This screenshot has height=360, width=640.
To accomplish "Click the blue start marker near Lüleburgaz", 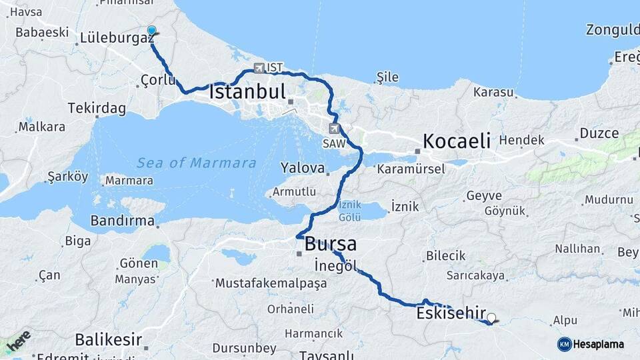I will pyautogui.click(x=151, y=31).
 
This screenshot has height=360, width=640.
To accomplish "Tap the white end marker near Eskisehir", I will pyautogui.click(x=492, y=318).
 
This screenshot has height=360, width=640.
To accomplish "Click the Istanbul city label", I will pyautogui.click(x=247, y=91).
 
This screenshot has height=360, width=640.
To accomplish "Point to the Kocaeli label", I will pyautogui.click(x=457, y=141).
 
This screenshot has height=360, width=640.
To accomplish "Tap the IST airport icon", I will pyautogui.click(x=259, y=67).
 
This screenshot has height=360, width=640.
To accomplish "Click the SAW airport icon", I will pyautogui.click(x=334, y=129).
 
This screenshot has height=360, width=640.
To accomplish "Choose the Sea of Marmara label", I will pyautogui.click(x=197, y=163).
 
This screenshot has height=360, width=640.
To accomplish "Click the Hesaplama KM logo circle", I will pyautogui.click(x=565, y=344).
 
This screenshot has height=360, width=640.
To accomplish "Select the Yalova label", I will pyautogui.click(x=302, y=167).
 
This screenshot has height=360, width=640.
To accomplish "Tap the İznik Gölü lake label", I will pyautogui.click(x=350, y=211).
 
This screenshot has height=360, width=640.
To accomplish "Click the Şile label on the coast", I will pyautogui.click(x=388, y=77).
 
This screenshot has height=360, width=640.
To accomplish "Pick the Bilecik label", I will pyautogui.click(x=445, y=256).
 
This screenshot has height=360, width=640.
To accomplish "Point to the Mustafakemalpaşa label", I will pyautogui.click(x=271, y=283).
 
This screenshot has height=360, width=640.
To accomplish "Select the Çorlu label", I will pyautogui.click(x=158, y=81).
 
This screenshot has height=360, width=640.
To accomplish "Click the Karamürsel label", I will pyautogui.click(x=411, y=169).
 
